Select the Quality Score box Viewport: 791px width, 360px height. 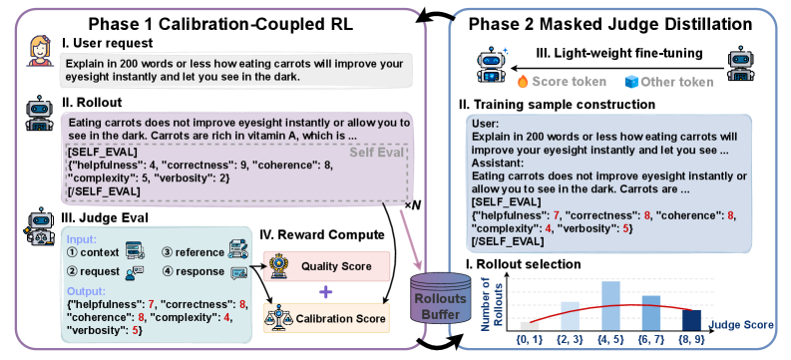click(326, 266)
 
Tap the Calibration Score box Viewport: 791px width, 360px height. click(326, 318)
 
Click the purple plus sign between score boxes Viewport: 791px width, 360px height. click(326, 291)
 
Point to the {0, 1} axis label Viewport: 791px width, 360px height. click(529, 340)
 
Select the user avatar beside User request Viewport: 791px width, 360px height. click(40, 51)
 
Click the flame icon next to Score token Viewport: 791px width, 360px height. click(523, 82)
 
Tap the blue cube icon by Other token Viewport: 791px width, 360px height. click(631, 82)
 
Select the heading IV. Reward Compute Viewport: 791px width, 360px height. click(321, 234)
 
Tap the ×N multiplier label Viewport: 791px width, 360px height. click(412, 206)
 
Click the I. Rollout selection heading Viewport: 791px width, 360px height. click(520, 263)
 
